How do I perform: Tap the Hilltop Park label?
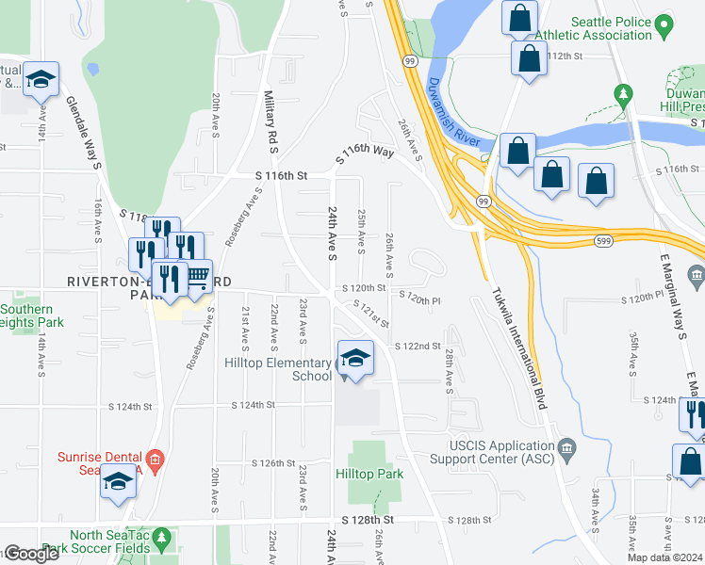369,474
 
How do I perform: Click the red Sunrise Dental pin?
157,460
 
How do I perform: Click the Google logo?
30,554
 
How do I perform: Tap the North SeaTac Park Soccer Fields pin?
161,539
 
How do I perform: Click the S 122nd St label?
418,347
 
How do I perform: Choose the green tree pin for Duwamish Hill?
622,94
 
